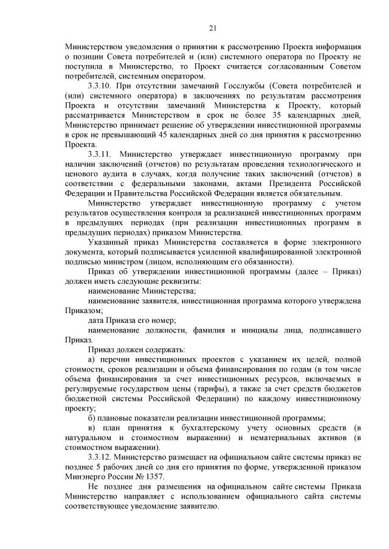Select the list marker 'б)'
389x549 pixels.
[92, 417]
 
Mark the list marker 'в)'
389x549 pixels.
[92, 428]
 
